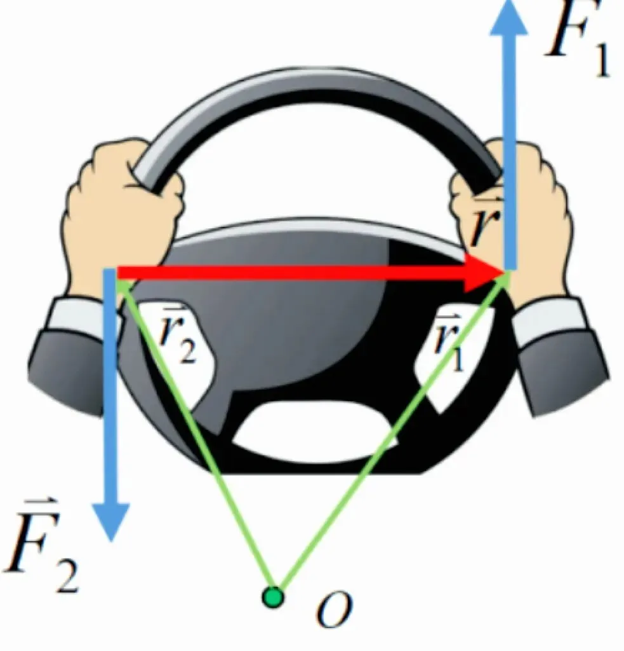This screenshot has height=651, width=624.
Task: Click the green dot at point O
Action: pos(274,597)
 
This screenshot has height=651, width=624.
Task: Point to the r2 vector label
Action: pos(178,340)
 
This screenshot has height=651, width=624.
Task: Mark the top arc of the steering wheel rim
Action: pos(317,95)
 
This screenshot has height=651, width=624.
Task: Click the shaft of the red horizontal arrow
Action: pos(286,273)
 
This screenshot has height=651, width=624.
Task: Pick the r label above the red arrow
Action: pos(486,226)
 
